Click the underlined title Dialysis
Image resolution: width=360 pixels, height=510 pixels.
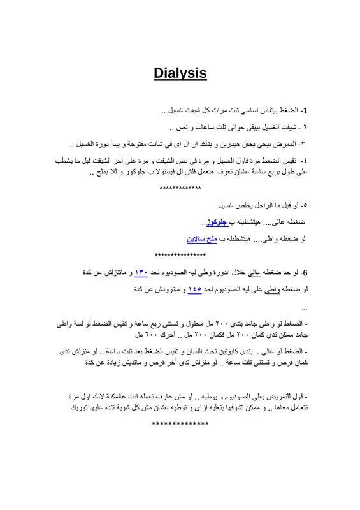point(180,73)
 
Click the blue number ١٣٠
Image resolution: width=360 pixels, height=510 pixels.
point(141,273)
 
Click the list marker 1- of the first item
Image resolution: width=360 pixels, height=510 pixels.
point(304,111)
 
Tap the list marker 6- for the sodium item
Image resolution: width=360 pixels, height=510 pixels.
point(304,273)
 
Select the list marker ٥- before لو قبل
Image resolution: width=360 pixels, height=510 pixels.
point(303,206)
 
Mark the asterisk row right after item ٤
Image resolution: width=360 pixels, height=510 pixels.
point(180,189)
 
